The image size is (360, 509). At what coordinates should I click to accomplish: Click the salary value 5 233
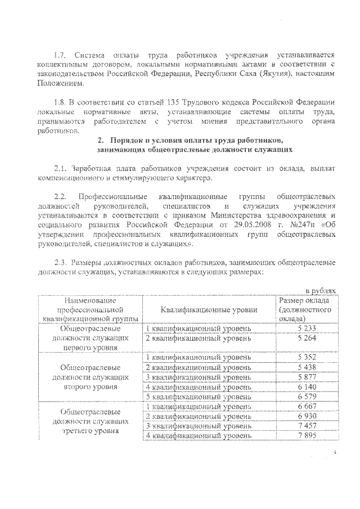307,328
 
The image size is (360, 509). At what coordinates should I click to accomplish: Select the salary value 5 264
307,338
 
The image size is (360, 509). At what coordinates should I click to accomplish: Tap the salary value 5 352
307,358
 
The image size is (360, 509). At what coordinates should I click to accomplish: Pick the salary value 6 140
307,387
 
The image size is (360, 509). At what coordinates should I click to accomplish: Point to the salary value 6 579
307,397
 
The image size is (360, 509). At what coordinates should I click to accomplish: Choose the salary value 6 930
307,416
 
